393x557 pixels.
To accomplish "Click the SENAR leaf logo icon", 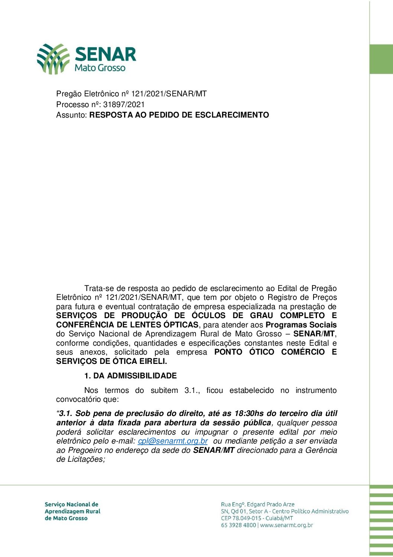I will click(x=53, y=58).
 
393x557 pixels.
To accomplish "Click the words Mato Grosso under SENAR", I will click(x=100, y=68).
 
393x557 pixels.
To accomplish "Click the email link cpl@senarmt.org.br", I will click(x=173, y=441).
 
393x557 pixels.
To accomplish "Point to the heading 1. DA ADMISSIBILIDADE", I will click(x=130, y=376).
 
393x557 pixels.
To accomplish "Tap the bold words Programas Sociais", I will click(x=301, y=325).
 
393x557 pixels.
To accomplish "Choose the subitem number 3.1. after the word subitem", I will click(x=192, y=391).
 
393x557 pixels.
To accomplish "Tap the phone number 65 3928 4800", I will click(x=238, y=525).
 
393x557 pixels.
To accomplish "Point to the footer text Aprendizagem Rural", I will click(x=72, y=512).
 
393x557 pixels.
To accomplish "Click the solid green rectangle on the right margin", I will click(x=381, y=59).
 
